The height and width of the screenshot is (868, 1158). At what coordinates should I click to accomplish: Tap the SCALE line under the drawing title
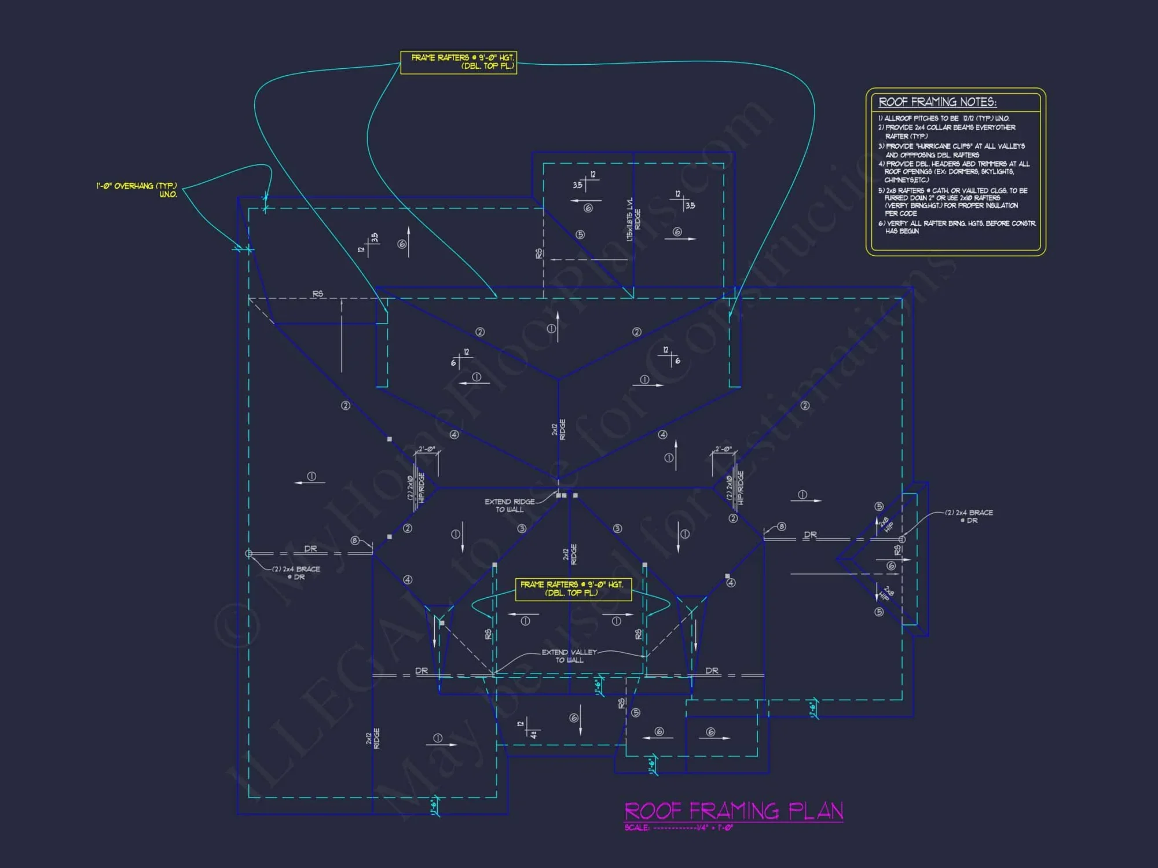[x=679, y=827]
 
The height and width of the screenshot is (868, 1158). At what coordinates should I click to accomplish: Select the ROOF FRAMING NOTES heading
[x=937, y=102]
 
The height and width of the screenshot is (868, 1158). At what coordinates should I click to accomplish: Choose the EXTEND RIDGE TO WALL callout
[x=510, y=505]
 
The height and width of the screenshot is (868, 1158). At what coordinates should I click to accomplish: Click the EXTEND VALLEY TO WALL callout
[x=569, y=656]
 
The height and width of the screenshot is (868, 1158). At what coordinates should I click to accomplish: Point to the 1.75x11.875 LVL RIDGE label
[x=633, y=219]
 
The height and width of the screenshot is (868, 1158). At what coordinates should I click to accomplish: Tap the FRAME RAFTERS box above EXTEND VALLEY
[x=571, y=589]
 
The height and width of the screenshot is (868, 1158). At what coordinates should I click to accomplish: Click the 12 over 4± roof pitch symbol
[x=530, y=729]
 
